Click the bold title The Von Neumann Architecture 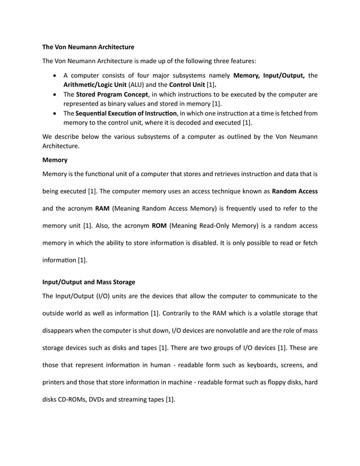[x=89, y=46]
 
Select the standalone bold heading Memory [x=55, y=160]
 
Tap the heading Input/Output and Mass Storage [x=89, y=282]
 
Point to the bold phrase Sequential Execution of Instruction [x=126, y=113]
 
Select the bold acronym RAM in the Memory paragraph [x=102, y=208]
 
